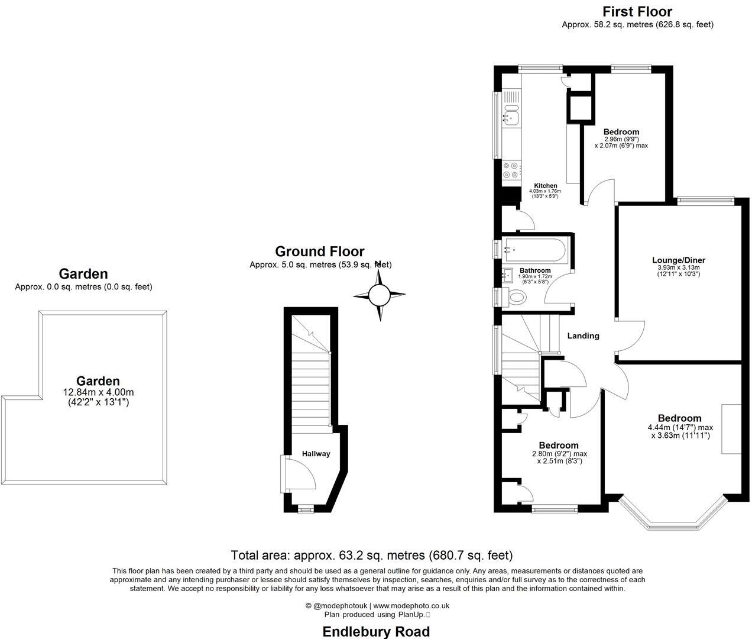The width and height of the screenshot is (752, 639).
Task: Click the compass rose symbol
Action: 380,294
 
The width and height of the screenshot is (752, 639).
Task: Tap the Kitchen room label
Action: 546,186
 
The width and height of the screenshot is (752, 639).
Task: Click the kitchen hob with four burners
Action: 511,171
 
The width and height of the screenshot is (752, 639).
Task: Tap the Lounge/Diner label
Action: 678,260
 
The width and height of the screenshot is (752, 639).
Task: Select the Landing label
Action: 583,335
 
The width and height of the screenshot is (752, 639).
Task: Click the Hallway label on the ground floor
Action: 316,454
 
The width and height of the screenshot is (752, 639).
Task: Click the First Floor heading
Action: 637,11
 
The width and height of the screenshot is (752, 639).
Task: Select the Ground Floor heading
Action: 320,251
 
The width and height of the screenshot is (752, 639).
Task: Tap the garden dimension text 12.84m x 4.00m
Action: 98,392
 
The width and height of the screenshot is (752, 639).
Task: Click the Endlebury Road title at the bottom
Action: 375,631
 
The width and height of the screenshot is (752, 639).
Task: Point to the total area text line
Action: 371,555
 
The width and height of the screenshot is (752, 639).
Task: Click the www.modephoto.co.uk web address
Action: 411,605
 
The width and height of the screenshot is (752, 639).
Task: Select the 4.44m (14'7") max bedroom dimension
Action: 680,428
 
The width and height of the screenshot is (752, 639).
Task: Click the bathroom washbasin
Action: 507,275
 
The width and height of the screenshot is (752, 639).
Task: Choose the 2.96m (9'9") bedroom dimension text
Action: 621,139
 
